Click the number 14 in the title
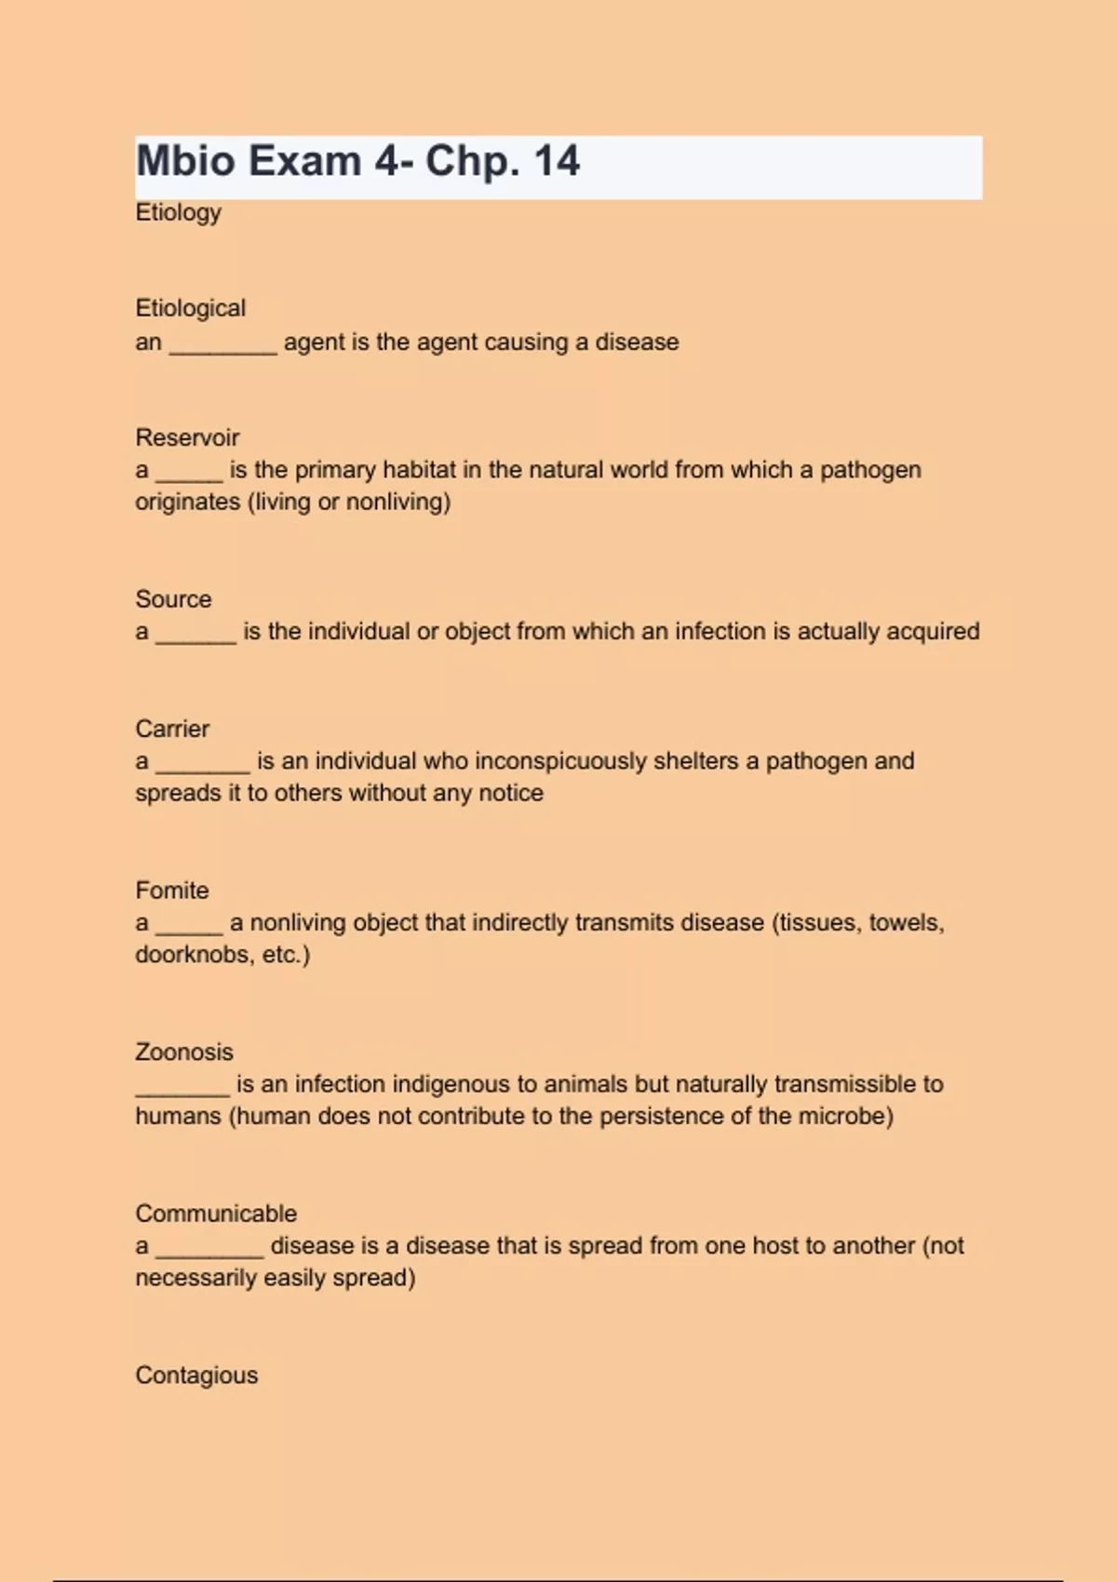click(x=557, y=161)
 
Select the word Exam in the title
click(x=303, y=161)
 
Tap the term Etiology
click(x=178, y=212)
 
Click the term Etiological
click(x=190, y=308)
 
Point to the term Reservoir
click(x=187, y=437)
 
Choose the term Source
click(x=173, y=599)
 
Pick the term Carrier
click(x=172, y=729)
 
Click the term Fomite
click(x=171, y=891)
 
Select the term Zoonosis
click(x=183, y=1052)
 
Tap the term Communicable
click(x=216, y=1213)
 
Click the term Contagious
click(x=196, y=1375)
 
